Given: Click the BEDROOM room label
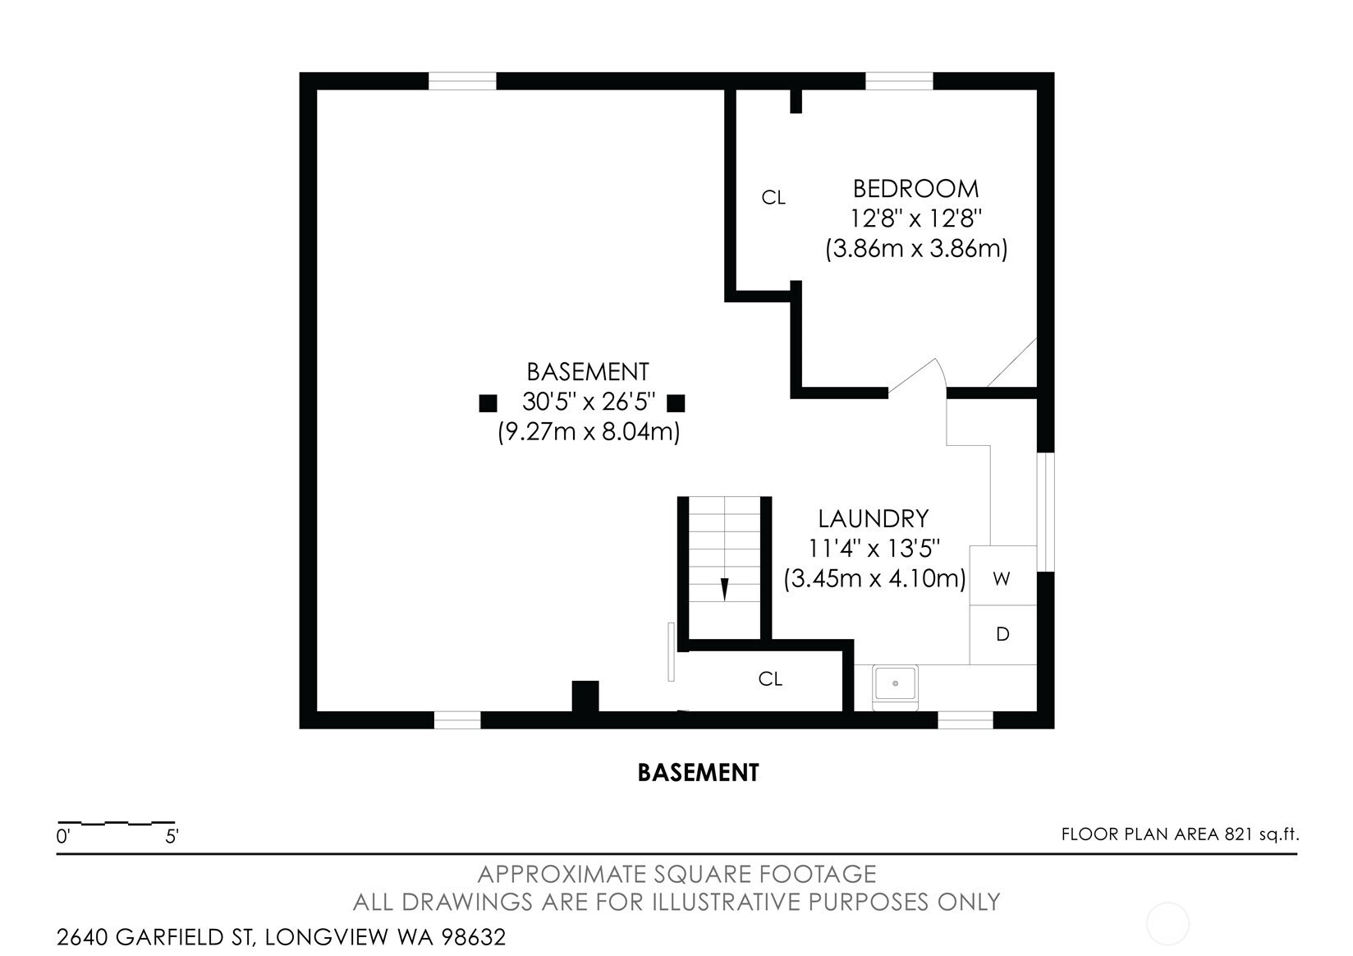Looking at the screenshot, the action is point(915,189).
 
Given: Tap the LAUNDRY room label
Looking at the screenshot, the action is point(873,518).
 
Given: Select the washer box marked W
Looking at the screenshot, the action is point(1003,575).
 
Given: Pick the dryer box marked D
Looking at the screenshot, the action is point(1003,635).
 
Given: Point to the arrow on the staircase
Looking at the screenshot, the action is point(725,589).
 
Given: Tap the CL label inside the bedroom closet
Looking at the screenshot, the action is point(773,198).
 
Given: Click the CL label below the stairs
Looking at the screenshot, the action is point(770,679).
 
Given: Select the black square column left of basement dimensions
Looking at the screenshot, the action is point(488,403).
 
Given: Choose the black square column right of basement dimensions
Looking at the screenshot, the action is point(676,403).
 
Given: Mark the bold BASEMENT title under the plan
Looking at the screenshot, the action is point(698,773).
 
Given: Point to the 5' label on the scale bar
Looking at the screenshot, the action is point(172,837).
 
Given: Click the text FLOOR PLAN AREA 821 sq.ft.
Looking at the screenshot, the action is point(1181,834).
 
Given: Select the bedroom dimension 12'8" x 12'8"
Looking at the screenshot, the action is point(915,218).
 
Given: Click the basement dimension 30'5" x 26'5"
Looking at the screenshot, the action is point(589,402).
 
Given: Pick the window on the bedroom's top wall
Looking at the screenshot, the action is point(899,81).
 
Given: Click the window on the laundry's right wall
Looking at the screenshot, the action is point(1046,512).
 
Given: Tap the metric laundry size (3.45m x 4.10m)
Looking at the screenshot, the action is point(874,579).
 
